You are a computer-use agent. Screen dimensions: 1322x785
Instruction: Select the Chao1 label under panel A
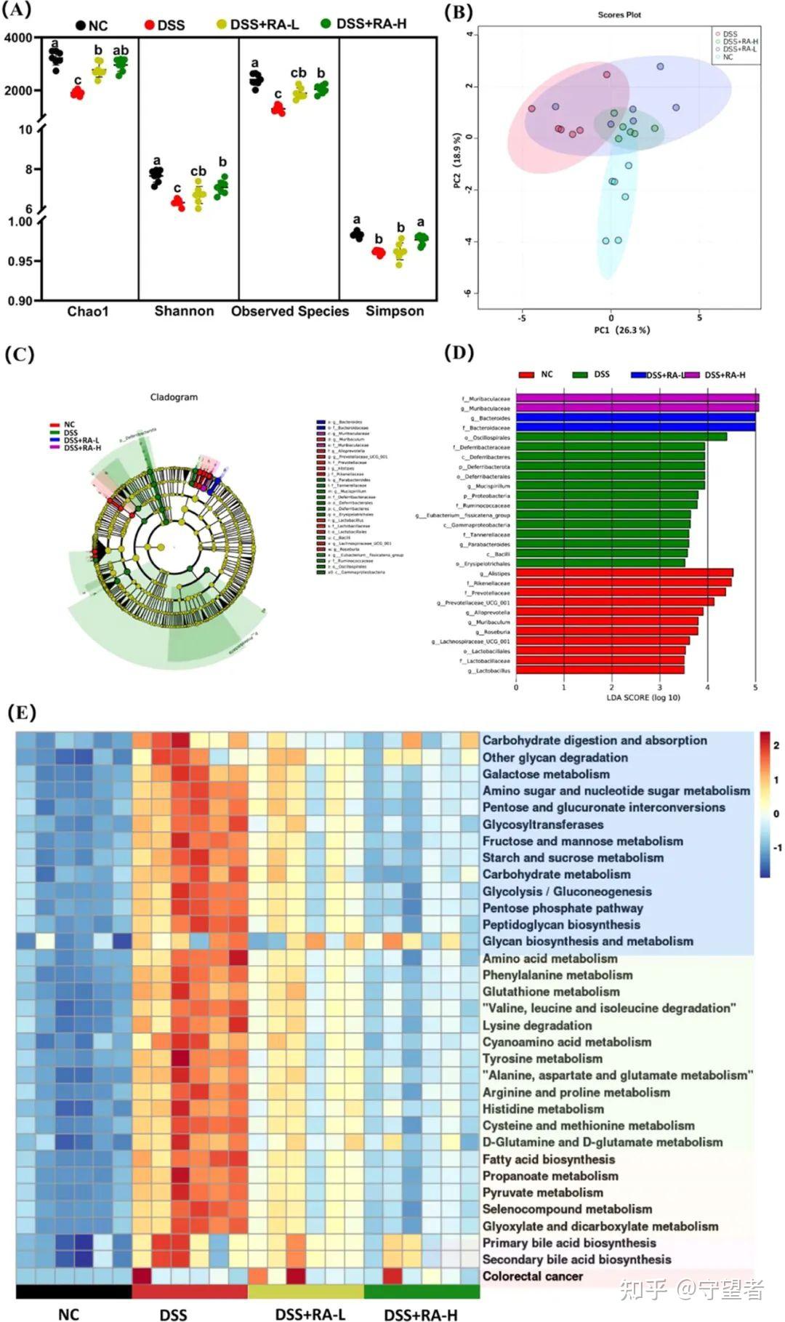point(88,311)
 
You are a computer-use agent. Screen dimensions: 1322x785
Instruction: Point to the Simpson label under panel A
point(394,311)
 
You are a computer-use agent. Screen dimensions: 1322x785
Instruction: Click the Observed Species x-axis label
point(290,311)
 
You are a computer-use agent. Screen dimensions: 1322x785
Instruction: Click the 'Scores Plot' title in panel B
point(619,15)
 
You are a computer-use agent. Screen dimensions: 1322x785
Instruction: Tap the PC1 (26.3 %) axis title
point(621,330)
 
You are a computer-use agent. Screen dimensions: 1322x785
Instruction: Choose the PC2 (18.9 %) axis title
point(456,160)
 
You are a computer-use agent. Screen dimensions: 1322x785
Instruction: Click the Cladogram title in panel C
point(174,397)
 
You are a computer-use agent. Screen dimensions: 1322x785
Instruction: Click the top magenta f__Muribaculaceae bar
point(637,398)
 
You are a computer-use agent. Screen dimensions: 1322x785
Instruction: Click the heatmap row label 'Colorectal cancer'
point(532,1275)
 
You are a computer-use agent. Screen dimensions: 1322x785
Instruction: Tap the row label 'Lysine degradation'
point(537,1025)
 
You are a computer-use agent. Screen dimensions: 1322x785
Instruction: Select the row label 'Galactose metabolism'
point(546,774)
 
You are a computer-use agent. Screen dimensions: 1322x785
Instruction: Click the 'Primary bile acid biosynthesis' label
point(569,1243)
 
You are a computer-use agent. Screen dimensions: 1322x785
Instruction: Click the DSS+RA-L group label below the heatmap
point(310,1314)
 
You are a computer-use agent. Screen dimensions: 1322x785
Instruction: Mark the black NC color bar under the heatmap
point(73,1291)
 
